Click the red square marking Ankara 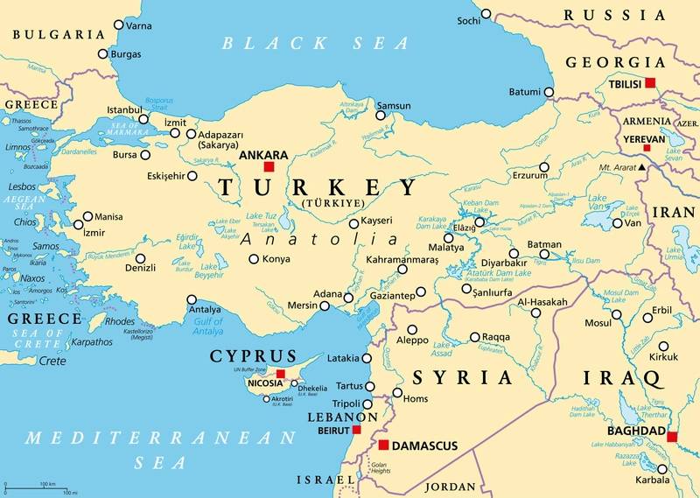(x=269, y=166)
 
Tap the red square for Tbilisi (x=649, y=82)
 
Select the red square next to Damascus (x=383, y=445)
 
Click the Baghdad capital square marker (x=671, y=437)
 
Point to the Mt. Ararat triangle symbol (x=641, y=166)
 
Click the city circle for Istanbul (x=143, y=119)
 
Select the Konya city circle (x=254, y=259)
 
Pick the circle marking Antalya (x=192, y=300)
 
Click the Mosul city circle (x=617, y=313)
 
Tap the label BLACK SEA (x=315, y=42)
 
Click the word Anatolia (x=319, y=239)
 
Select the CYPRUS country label (x=253, y=356)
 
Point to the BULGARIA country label (x=59, y=34)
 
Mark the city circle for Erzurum (x=543, y=166)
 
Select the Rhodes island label (x=120, y=320)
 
